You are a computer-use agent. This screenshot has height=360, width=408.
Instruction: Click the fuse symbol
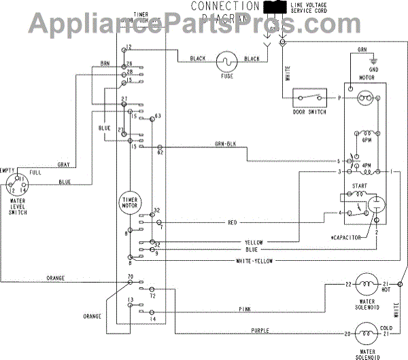(x=225, y=63)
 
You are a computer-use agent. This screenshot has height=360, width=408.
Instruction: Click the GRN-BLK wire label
(x=225, y=144)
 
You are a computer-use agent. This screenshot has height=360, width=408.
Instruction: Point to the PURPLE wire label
(x=260, y=330)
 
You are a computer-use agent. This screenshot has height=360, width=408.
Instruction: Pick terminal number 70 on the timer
(x=129, y=279)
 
